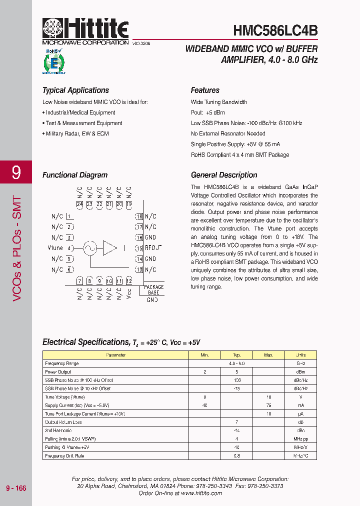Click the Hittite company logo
[x=85, y=28]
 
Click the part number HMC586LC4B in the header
[x=275, y=30]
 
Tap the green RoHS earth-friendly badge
[x=53, y=61]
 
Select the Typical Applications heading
[x=75, y=90]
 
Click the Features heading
[x=205, y=90]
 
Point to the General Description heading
[x=224, y=175]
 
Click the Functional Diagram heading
[x=75, y=175]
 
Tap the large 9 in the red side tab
[x=16, y=173]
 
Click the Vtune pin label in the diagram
[x=55, y=248]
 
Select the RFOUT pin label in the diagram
[x=153, y=248]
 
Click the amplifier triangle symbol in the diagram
[x=109, y=247]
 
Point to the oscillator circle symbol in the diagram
[x=89, y=247]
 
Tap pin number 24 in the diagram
[x=79, y=204]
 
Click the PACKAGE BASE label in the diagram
[x=153, y=290]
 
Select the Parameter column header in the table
[x=116, y=355]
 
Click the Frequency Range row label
[x=62, y=363]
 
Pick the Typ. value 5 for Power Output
[x=236, y=372]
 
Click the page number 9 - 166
[x=16, y=488]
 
